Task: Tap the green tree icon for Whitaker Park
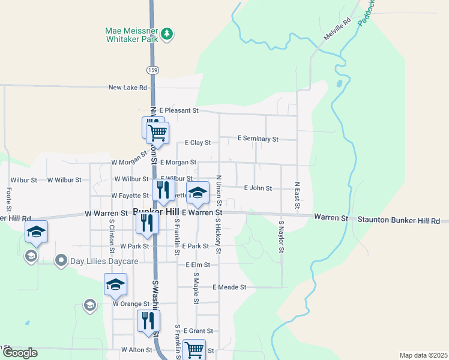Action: pos(167,34)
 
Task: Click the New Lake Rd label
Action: pos(127,88)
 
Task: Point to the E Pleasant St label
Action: pos(179,110)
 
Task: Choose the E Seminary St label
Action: pos(258,139)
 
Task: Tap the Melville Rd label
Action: pos(337,29)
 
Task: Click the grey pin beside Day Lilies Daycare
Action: pos(61,261)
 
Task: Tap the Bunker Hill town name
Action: pos(156,212)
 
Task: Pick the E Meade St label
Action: pos(229,287)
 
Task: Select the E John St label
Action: pos(258,188)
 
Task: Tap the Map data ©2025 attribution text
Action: pos(423,355)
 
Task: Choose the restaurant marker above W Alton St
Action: pos(148,320)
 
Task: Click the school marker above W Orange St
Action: pos(115,284)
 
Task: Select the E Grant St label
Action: pos(198,331)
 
